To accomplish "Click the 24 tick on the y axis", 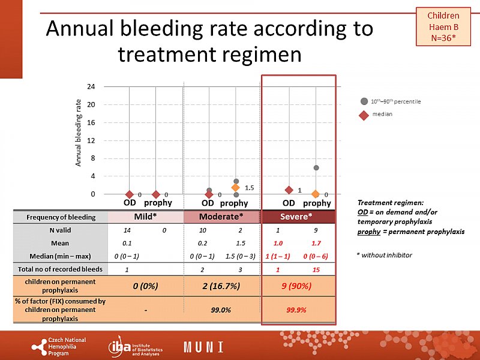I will tap(91, 86).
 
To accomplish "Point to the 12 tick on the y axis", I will tap(91, 140).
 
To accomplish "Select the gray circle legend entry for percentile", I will tap(364, 101).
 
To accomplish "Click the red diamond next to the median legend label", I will tap(364, 114).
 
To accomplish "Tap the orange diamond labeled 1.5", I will tap(236, 188).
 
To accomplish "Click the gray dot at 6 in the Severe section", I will tap(316, 168).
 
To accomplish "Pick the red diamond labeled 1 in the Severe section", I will tap(289, 190).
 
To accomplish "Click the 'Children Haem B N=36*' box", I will tap(443, 27).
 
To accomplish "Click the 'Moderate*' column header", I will tap(221, 216).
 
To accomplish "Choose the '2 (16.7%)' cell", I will tap(221, 286).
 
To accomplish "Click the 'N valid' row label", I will tap(59, 230).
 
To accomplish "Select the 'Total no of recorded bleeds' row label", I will tap(59, 270).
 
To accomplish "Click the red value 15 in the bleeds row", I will tap(316, 270).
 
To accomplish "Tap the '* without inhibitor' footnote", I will tap(385, 256).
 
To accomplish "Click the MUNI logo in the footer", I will tap(203, 347).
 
